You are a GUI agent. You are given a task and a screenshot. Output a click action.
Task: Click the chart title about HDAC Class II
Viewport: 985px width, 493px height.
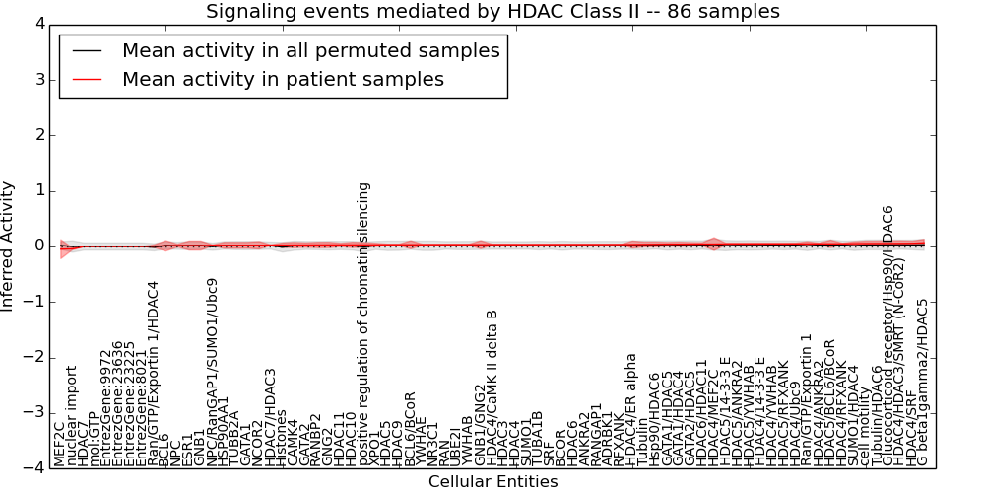pos(492,12)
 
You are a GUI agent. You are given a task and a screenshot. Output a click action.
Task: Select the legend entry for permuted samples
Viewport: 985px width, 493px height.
pos(310,50)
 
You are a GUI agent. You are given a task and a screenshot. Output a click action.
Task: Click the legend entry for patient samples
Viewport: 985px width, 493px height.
pos(283,79)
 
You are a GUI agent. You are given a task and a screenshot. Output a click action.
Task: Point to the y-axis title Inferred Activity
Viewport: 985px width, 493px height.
pos(9,246)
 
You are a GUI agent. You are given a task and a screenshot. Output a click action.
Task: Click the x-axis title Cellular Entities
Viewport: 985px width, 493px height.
pos(492,482)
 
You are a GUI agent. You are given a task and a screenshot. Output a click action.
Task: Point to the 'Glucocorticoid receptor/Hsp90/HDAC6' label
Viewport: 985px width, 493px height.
pos(887,335)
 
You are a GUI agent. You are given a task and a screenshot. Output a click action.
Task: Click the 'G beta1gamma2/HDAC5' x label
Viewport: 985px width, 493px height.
pos(922,382)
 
